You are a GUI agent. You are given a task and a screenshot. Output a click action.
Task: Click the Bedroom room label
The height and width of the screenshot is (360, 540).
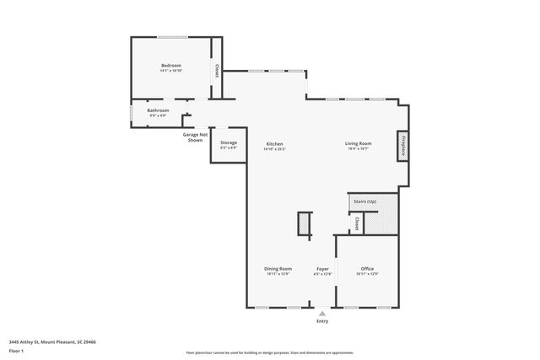tap(171, 66)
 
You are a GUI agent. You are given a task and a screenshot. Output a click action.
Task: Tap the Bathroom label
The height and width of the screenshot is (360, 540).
tap(158, 110)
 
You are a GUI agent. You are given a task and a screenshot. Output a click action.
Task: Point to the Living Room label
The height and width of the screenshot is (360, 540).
tap(358, 143)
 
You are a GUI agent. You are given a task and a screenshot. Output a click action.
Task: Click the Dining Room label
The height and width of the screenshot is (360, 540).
tap(278, 269)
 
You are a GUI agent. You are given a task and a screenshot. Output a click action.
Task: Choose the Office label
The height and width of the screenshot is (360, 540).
tap(367, 269)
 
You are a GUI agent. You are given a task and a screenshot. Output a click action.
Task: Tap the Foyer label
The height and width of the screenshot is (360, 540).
tap(322, 269)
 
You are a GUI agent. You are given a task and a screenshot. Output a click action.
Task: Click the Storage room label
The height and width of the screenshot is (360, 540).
tap(229, 143)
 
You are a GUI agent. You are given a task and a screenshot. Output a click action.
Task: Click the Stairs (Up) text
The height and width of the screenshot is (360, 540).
tap(364, 202)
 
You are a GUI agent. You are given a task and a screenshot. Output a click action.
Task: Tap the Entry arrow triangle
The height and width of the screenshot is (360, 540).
tap(321, 313)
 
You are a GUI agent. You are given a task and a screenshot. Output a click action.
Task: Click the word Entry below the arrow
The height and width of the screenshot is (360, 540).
tap(322, 321)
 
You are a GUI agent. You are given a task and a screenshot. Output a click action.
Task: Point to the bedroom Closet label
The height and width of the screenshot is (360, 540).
tap(218, 71)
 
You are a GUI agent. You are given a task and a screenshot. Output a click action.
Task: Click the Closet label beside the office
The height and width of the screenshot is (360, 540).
tap(357, 224)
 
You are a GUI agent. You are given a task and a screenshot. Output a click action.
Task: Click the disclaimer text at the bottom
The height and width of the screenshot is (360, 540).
tap(269, 352)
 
